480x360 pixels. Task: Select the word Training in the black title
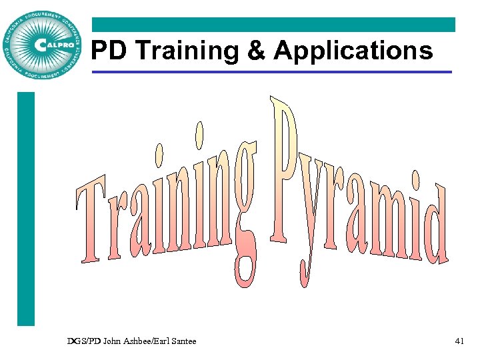[180, 51]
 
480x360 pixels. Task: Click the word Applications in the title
[353, 51]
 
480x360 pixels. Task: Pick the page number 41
[459, 341]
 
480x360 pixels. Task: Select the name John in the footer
[114, 341]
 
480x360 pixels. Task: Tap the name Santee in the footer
[183, 341]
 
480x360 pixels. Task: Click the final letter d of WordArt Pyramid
[437, 227]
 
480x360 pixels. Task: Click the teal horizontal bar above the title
[273, 25]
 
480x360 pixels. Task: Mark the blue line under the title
[273, 72]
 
